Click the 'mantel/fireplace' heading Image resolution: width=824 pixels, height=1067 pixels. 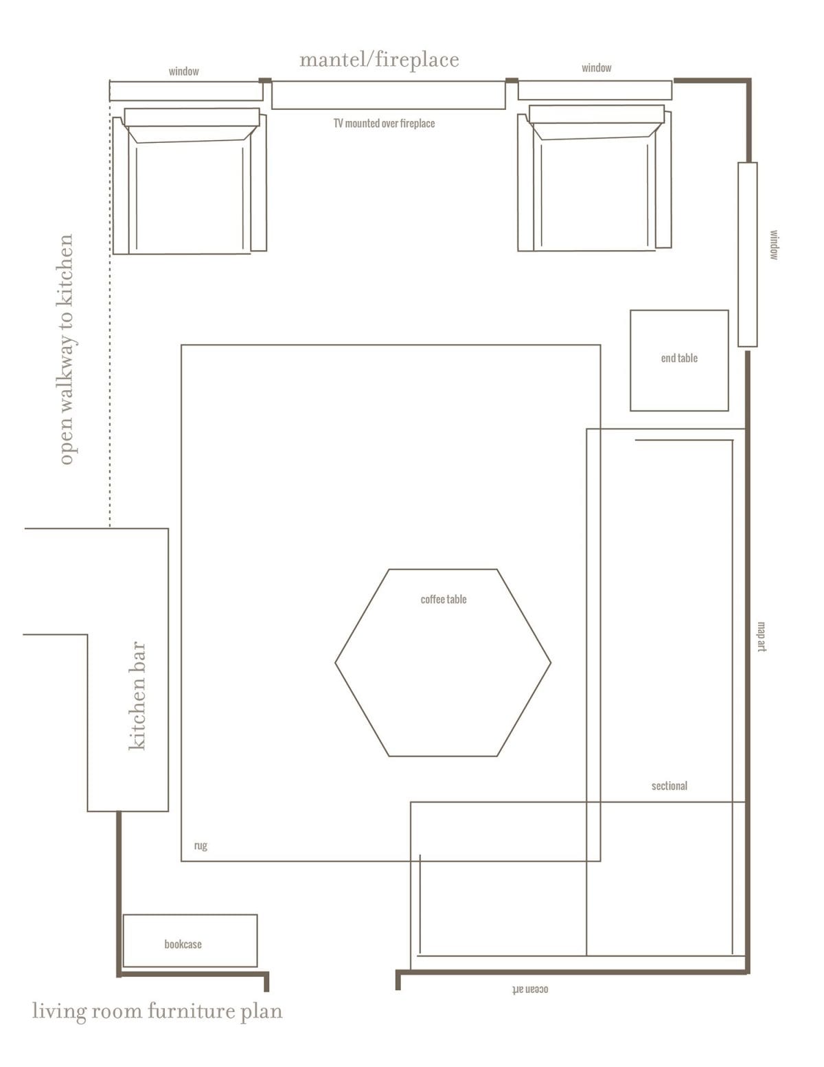click(x=379, y=60)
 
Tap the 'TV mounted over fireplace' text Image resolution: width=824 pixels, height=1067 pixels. click(x=385, y=123)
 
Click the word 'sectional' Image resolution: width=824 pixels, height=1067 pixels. click(x=669, y=786)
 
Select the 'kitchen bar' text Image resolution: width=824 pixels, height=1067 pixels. click(x=137, y=695)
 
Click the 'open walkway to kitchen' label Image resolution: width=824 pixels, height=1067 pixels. click(x=66, y=349)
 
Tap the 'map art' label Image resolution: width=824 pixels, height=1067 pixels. click(x=762, y=637)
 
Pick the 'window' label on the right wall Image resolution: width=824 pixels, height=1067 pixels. click(x=774, y=245)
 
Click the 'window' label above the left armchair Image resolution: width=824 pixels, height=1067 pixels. click(x=184, y=71)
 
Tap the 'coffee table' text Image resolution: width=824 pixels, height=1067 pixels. click(x=444, y=599)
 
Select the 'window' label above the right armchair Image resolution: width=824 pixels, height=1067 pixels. click(x=597, y=68)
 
